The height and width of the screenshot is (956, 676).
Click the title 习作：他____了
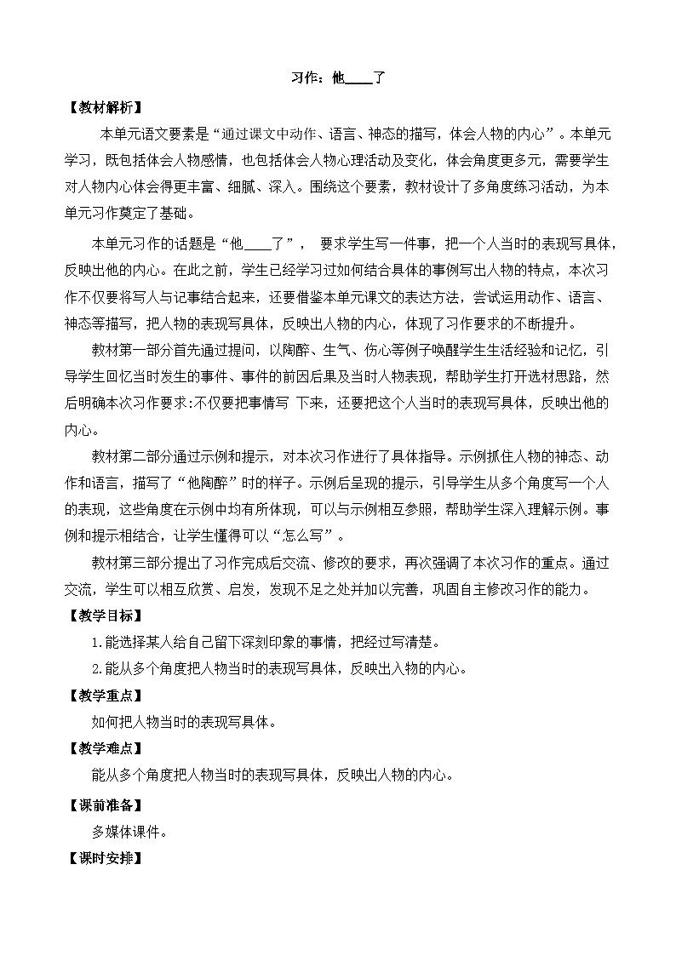click(x=339, y=79)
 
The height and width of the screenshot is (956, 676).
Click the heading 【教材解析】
click(x=104, y=107)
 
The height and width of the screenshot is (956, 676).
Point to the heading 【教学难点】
click(x=104, y=749)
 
